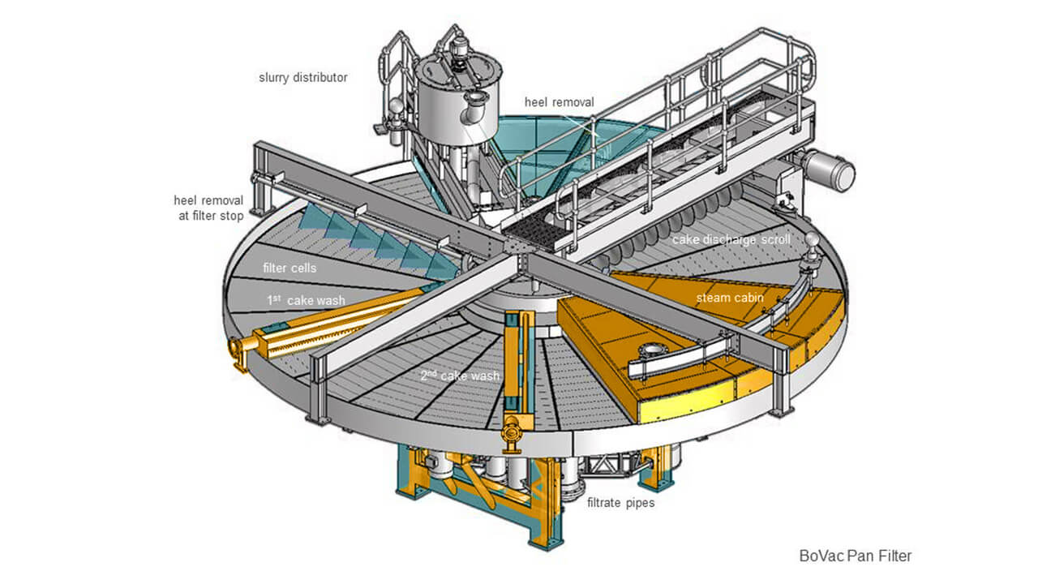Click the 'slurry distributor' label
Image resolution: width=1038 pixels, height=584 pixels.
(x=302, y=78)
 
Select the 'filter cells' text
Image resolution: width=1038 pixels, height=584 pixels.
(x=291, y=268)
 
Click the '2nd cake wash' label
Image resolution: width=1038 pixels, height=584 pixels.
(x=458, y=376)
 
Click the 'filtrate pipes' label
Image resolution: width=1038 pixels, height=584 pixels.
(x=621, y=502)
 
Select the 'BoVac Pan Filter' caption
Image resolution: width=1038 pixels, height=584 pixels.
(x=855, y=556)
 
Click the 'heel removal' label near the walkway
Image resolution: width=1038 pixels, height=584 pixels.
(x=559, y=102)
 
